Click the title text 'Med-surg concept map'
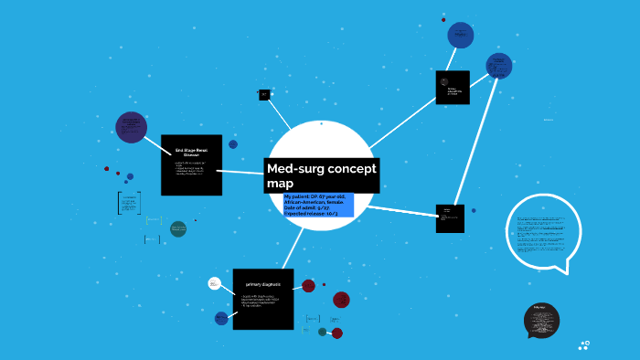pyautogui.click(x=321, y=175)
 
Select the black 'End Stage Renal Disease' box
pyautogui.click(x=191, y=164)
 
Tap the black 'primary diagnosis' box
pyautogui.click(x=263, y=299)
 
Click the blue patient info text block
pyautogui.click(x=318, y=205)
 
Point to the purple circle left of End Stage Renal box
pyautogui.click(x=132, y=127)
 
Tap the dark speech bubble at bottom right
pyautogui.click(x=541, y=321)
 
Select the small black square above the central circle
pyautogui.click(x=264, y=94)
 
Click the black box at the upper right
pyautogui.click(x=453, y=88)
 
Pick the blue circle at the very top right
pyautogui.click(x=461, y=36)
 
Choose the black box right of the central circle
pyautogui.click(x=450, y=218)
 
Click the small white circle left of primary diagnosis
pyautogui.click(x=214, y=283)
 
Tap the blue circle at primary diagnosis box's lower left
pyautogui.click(x=221, y=318)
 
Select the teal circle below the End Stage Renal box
pyautogui.click(x=178, y=228)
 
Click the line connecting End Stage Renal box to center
pyautogui.click(x=243, y=171)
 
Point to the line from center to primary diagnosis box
pyautogui.click(x=293, y=247)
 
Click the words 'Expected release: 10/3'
pyautogui.click(x=312, y=213)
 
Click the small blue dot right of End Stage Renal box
pyautogui.click(x=233, y=144)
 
